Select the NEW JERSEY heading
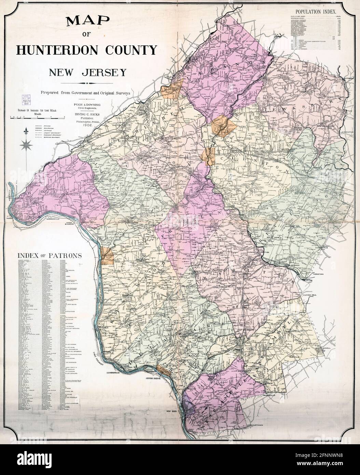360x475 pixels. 87,72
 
